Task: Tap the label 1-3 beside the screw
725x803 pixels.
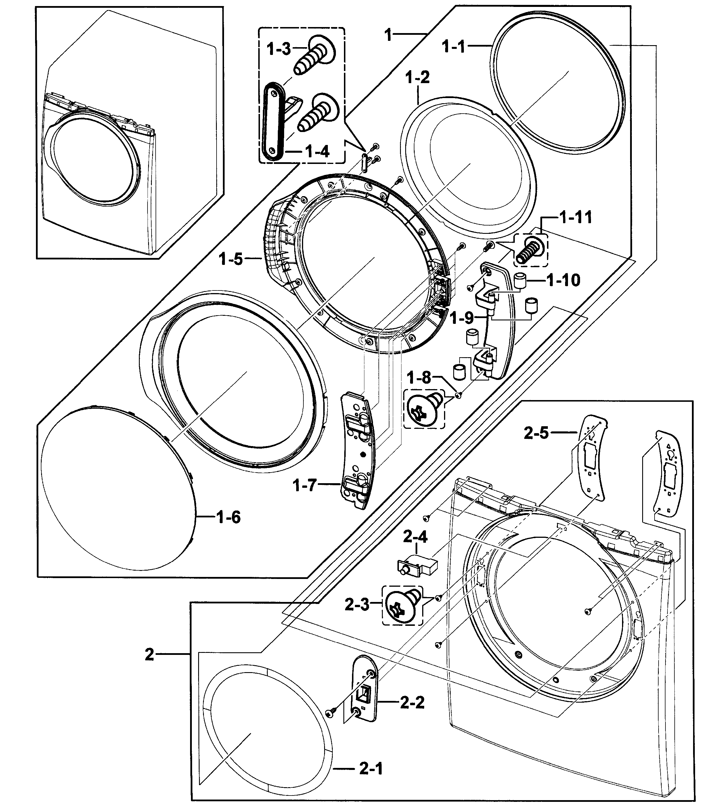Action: (x=279, y=49)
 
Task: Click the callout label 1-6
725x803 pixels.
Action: (x=228, y=517)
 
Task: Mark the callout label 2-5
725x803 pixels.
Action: (x=536, y=433)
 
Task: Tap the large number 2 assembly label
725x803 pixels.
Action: (x=149, y=654)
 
